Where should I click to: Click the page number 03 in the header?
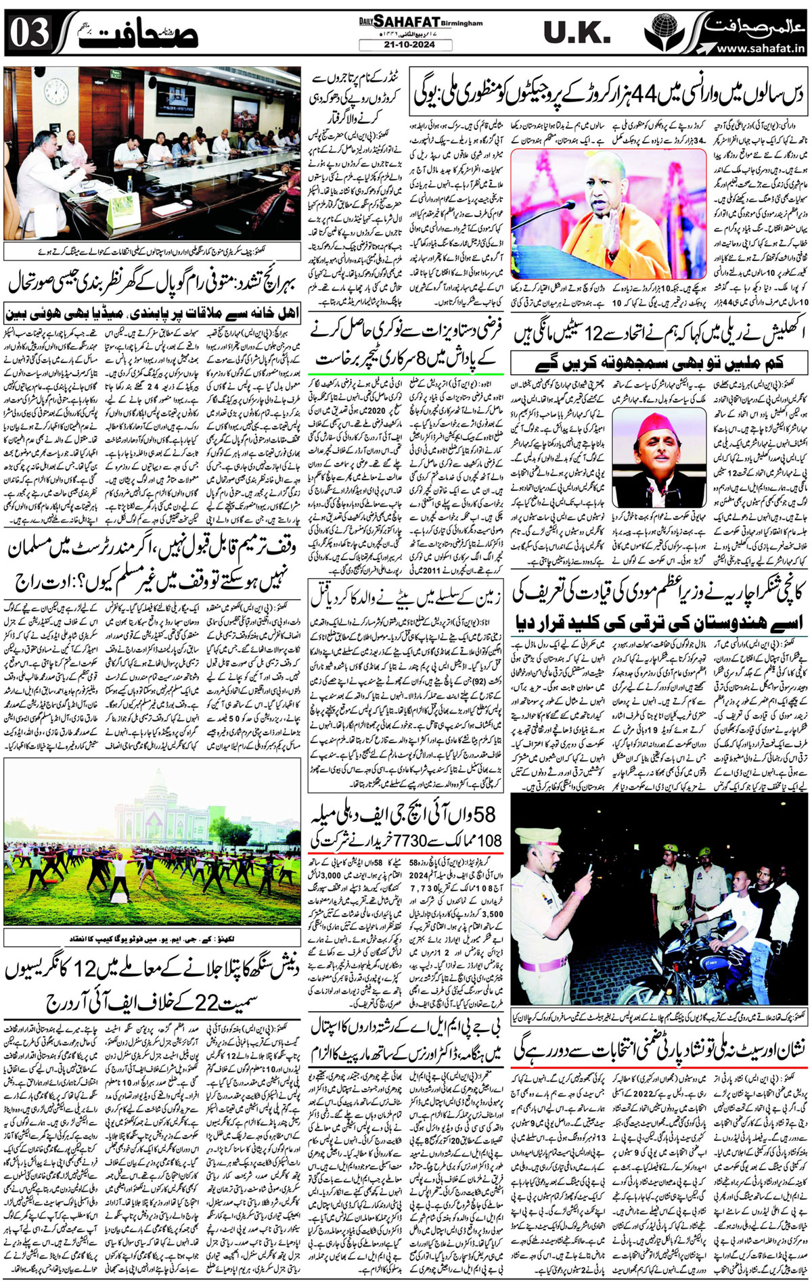tap(29, 32)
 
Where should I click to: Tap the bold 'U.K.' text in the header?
tap(577, 32)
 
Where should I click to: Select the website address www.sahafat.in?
tap(760, 48)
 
